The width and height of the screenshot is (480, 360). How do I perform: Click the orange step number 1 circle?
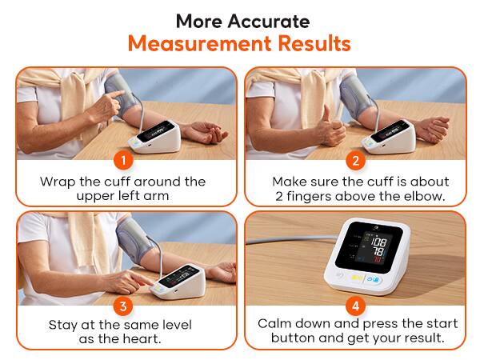[x=122, y=160]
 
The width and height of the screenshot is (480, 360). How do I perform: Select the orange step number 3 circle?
[x=122, y=305]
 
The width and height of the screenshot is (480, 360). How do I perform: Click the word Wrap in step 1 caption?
[x=57, y=182]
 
